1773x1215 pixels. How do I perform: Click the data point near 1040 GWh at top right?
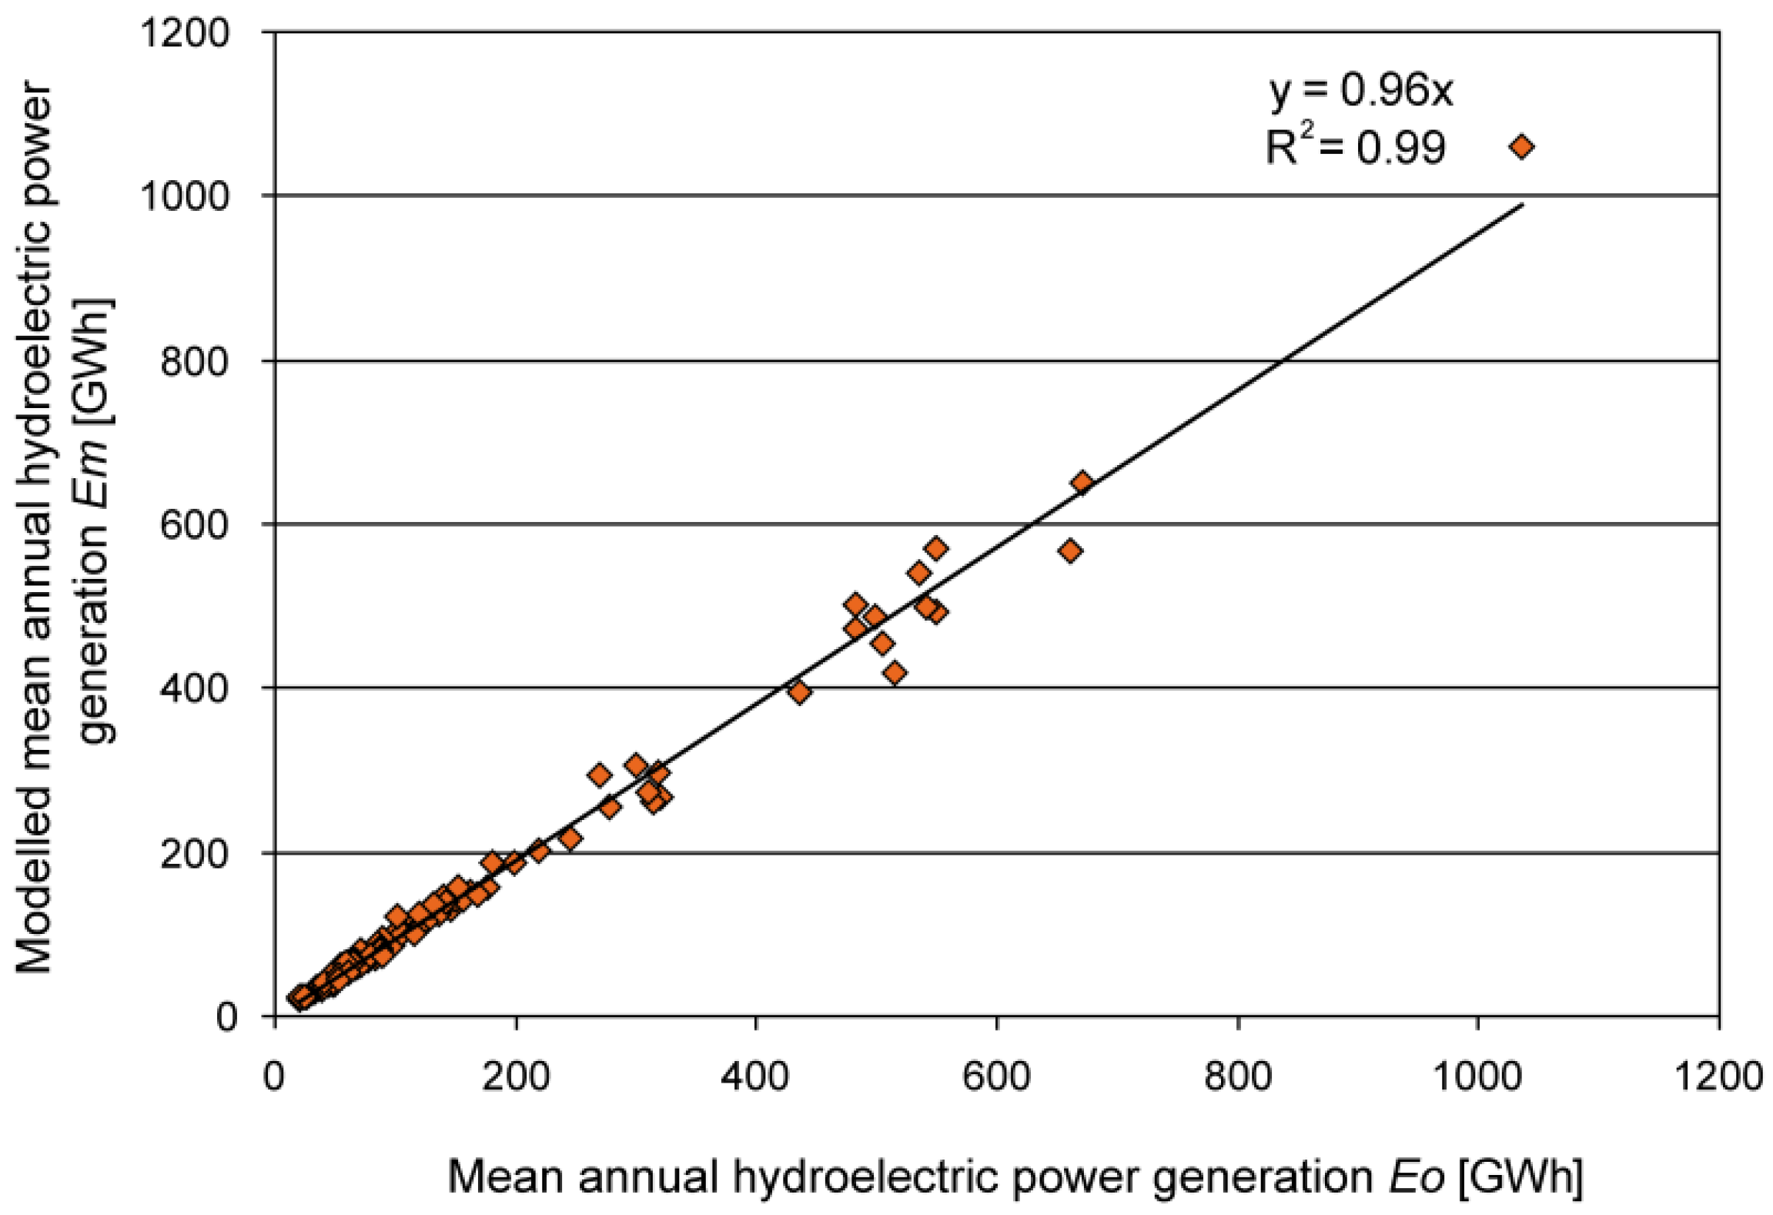1521,146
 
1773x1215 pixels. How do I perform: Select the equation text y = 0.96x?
1360,91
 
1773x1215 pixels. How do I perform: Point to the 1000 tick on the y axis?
185,196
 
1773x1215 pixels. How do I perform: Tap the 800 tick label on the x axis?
1237,1076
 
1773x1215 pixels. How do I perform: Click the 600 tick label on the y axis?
195,525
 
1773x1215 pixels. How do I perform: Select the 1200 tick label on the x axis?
1718,1076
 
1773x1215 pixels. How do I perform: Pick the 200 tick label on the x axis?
515,1076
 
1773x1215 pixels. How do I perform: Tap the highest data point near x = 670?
1082,483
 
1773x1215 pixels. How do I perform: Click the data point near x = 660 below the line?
1069,551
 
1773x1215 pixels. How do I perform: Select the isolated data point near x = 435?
799,692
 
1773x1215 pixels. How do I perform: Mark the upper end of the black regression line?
1522,205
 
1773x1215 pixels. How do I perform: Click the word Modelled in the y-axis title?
35,885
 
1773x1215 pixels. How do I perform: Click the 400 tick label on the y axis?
195,688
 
